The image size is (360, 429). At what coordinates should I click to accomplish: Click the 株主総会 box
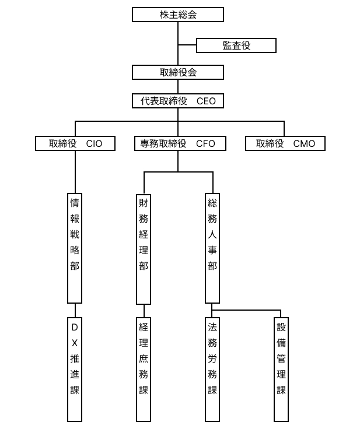tap(178, 15)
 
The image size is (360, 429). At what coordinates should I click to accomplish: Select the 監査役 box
tap(236, 45)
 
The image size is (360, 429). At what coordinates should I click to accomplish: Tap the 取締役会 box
tap(178, 72)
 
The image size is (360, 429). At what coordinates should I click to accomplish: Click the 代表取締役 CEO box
tap(178, 101)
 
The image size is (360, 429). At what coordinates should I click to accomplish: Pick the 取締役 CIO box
tap(75, 143)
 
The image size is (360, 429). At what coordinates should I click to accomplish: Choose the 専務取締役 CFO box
tap(178, 143)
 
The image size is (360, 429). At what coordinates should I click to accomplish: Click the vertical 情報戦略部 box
tap(75, 248)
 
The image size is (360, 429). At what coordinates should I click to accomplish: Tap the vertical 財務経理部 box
tap(144, 248)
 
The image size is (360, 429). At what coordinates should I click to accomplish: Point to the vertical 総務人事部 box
tap(212, 248)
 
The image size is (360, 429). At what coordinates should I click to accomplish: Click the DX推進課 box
tap(75, 369)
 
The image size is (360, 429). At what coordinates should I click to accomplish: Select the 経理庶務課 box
tap(144, 369)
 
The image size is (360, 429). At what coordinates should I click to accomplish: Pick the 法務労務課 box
tap(212, 369)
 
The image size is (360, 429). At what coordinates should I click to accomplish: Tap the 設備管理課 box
tap(281, 369)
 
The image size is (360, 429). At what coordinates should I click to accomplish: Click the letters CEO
tap(206, 101)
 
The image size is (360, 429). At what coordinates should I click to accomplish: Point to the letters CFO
tap(205, 143)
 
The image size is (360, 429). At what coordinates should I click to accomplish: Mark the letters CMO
tap(304, 143)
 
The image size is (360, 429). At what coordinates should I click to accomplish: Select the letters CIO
tap(94, 143)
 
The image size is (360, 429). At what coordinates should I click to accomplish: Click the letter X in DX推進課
tap(75, 343)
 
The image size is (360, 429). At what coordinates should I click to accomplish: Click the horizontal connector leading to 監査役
tap(187, 45)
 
